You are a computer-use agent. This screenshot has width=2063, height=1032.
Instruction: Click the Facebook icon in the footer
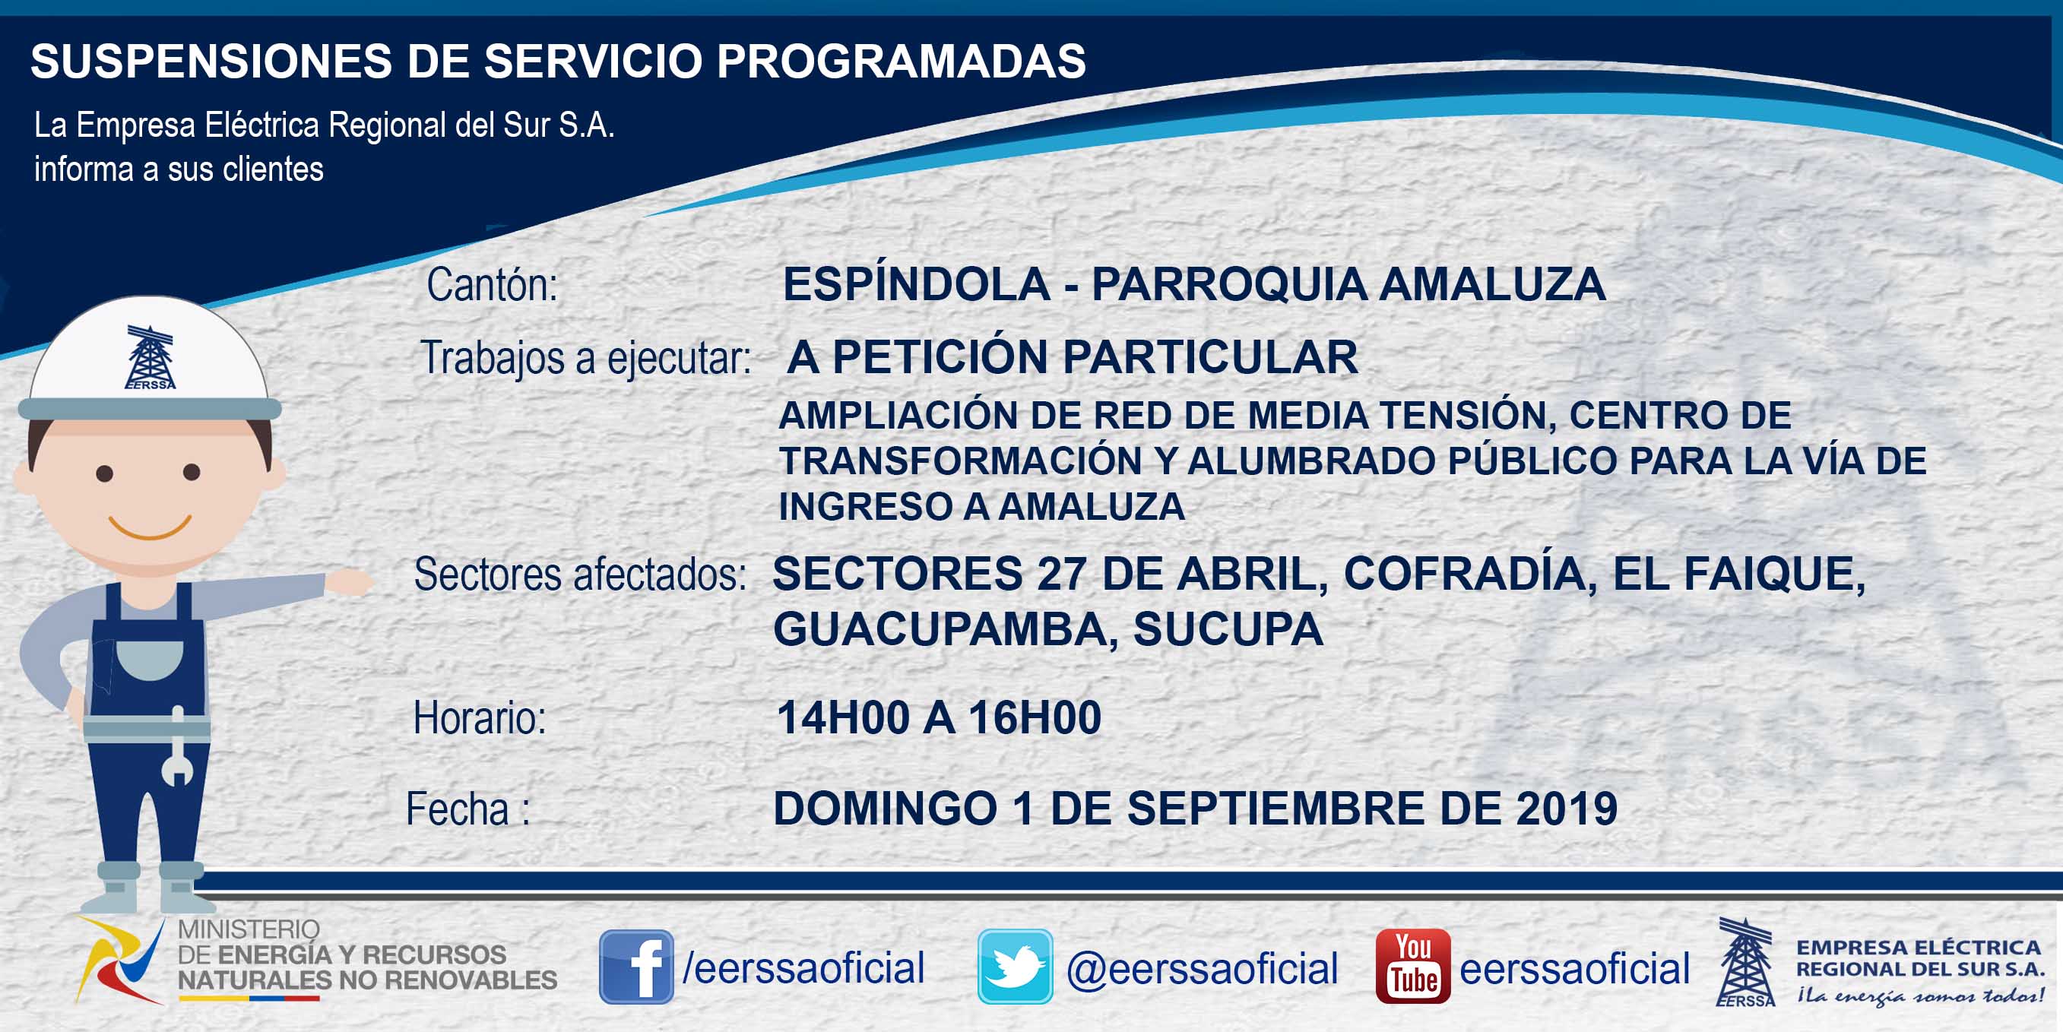click(636, 967)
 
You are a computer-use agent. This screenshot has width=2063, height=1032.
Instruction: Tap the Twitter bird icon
click(1015, 967)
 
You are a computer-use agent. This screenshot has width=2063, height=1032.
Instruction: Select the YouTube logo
click(1412, 967)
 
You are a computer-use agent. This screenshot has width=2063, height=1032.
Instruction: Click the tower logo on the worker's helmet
click(150, 357)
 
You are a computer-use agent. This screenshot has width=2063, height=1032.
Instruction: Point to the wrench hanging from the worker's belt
click(178, 746)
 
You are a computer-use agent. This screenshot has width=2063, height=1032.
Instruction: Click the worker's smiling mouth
click(150, 527)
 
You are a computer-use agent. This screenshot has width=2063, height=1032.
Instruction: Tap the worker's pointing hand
click(350, 581)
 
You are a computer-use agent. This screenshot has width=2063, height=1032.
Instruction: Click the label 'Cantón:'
click(492, 284)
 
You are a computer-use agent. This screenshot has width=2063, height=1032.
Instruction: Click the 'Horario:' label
click(479, 717)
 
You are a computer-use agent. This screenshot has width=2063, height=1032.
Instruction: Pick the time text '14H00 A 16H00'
click(939, 717)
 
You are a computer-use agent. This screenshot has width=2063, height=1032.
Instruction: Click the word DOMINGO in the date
click(885, 808)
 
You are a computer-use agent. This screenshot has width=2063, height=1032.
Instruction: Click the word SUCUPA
click(1228, 628)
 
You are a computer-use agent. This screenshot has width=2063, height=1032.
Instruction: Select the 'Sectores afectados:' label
click(580, 574)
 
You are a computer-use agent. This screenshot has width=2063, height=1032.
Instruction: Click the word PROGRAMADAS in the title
click(901, 61)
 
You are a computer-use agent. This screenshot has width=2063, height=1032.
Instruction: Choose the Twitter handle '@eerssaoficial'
click(1202, 968)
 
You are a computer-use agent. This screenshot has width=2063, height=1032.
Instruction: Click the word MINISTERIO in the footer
click(249, 929)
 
